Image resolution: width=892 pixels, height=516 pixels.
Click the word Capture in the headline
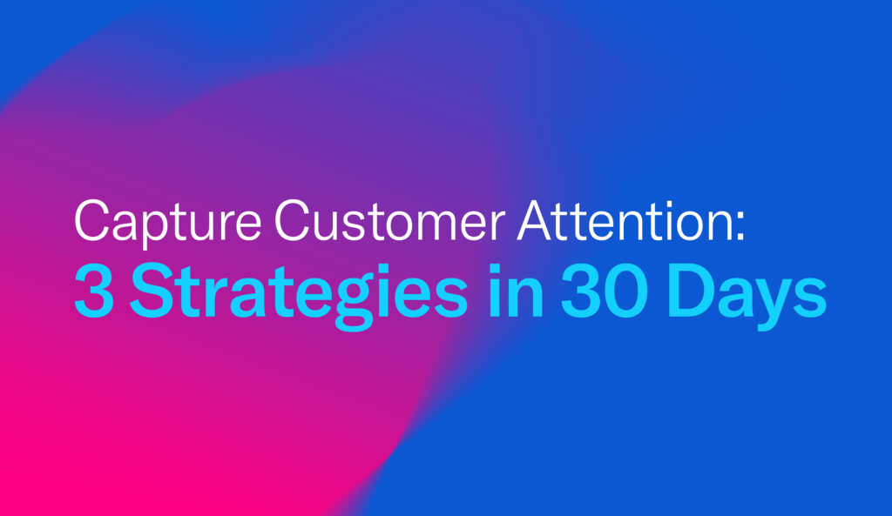pos(168,222)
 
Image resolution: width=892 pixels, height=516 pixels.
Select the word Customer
pos(389,221)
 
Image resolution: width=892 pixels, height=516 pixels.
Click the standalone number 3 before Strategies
pos(94,291)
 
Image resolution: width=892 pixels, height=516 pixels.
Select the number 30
pos(605,291)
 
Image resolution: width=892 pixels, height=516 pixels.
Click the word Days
pos(747,296)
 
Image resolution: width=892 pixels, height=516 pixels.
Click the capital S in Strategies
pos(152,291)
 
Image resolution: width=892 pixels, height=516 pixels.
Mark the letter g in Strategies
pos(354,303)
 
